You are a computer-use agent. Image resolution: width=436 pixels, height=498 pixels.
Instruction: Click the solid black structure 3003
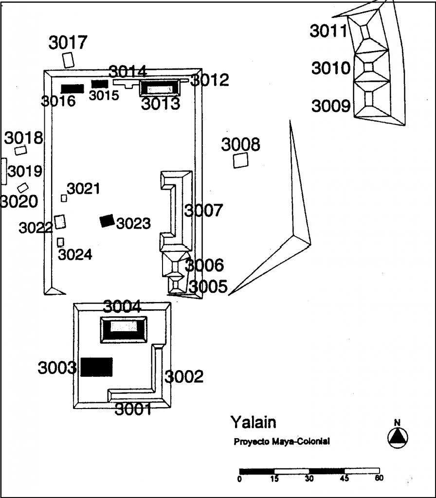(97, 367)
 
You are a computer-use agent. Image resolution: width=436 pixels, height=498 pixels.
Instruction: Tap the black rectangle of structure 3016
(73, 89)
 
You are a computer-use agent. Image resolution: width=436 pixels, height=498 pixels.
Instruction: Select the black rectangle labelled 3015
(100, 84)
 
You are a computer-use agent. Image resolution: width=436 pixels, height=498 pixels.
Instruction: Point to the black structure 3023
(107, 220)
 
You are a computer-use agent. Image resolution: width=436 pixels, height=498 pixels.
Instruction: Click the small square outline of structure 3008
(240, 160)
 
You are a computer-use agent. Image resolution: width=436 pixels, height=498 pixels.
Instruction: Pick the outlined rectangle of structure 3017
(68, 60)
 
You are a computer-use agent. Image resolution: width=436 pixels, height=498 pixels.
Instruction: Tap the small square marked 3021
(64, 198)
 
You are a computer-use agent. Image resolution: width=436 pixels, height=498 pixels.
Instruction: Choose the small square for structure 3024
(60, 242)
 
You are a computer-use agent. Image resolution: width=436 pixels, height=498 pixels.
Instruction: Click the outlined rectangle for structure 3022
(60, 222)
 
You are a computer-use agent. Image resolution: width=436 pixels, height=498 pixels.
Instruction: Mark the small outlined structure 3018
(20, 150)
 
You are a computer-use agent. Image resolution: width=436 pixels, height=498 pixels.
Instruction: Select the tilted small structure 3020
(22, 188)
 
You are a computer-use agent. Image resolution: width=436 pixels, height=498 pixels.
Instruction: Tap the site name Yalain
(253, 423)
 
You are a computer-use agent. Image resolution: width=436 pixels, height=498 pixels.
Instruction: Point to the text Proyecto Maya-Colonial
(282, 442)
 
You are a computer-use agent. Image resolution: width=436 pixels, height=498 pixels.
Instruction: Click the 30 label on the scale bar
(309, 479)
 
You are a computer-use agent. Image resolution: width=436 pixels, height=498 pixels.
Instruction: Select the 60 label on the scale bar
(379, 478)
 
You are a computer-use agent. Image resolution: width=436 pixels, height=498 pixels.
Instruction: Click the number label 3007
(204, 210)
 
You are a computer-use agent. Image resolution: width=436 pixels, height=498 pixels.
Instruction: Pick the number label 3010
(331, 68)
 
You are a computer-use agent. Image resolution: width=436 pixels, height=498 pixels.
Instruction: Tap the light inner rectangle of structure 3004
(124, 326)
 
